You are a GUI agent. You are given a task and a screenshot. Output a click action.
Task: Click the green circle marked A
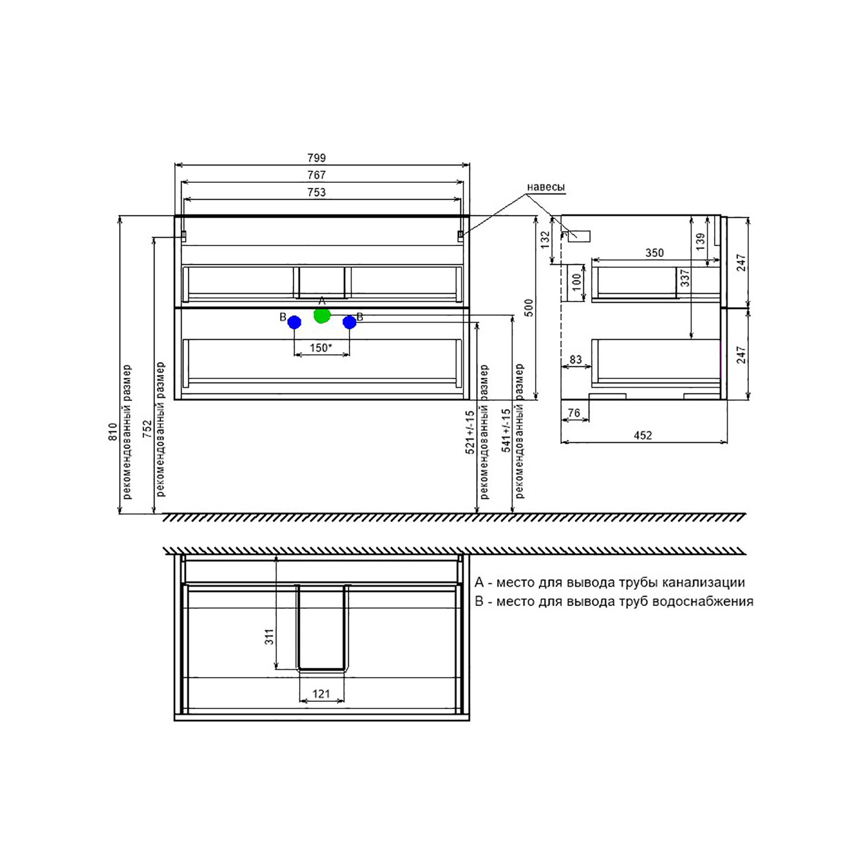322,315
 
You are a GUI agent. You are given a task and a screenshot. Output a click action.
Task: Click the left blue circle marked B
295,322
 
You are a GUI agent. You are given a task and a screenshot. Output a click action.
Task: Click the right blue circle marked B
350,322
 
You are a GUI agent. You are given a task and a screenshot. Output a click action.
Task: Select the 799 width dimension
317,158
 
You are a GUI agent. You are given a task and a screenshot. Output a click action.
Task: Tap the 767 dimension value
317,175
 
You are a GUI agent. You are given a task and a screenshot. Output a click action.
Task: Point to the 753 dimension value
317,192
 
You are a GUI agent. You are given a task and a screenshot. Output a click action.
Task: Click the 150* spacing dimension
321,348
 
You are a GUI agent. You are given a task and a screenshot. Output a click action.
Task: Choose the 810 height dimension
113,432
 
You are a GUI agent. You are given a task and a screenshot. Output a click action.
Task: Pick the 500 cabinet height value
529,308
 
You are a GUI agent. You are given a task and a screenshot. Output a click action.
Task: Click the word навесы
546,187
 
